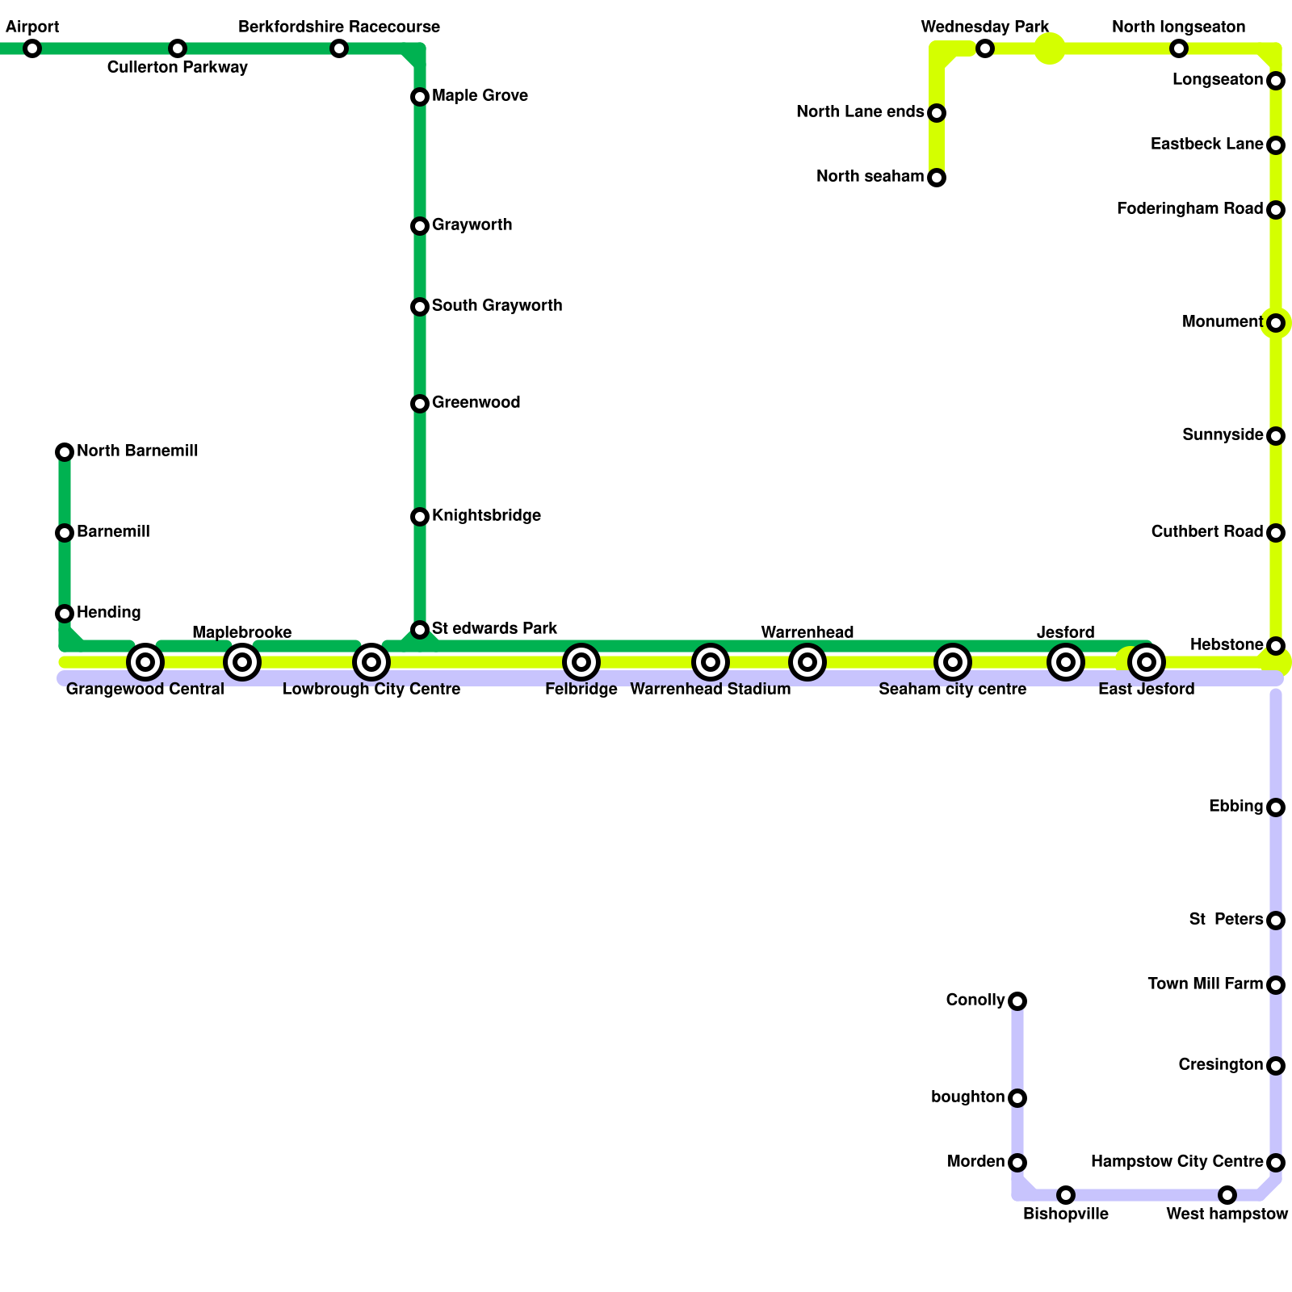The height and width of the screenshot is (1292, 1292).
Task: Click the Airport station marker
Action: click(32, 48)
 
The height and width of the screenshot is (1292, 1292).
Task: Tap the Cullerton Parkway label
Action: click(177, 68)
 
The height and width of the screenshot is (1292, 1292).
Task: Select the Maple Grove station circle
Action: click(420, 97)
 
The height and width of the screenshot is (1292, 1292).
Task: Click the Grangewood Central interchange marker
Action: click(145, 662)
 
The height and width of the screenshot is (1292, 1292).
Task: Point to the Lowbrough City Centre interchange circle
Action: click(371, 662)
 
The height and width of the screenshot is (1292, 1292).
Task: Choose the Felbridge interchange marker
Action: click(581, 662)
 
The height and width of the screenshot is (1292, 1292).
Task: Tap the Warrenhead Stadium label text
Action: click(710, 690)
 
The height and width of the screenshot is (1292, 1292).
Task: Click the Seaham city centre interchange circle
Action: click(953, 662)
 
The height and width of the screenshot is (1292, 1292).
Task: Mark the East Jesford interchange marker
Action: click(1147, 662)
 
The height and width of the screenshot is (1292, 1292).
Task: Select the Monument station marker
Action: click(1276, 323)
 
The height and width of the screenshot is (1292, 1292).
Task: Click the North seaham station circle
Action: click(937, 178)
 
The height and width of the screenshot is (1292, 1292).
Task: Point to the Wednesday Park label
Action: click(984, 27)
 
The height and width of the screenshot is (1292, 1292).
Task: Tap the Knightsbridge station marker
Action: click(420, 517)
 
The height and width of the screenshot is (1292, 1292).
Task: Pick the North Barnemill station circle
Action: click(65, 452)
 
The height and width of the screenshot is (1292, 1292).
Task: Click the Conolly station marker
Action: click(1017, 1001)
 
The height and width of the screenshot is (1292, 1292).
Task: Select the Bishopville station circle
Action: click(1066, 1195)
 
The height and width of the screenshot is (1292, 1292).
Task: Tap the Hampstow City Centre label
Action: click(1177, 1162)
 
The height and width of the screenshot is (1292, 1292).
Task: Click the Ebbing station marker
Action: click(1276, 807)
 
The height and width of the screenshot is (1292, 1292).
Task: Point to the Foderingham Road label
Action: click(1189, 209)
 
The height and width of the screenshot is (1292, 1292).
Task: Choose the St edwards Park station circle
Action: click(420, 630)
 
